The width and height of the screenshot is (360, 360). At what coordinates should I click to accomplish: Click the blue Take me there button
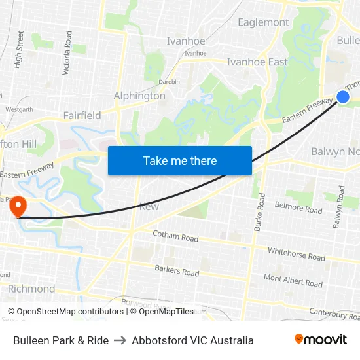pyautogui.click(x=180, y=160)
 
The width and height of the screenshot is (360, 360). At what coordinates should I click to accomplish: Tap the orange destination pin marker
pyautogui.click(x=18, y=206)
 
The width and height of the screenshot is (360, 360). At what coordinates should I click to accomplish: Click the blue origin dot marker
pyautogui.click(x=343, y=97)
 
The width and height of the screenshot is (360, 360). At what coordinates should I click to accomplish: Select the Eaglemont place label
pyautogui.click(x=263, y=22)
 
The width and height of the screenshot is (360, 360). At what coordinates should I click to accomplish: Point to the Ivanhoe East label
pyautogui.click(x=257, y=62)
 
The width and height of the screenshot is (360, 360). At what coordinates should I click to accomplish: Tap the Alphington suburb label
pyautogui.click(x=139, y=96)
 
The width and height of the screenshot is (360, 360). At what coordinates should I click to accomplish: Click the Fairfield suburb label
pyautogui.click(x=82, y=115)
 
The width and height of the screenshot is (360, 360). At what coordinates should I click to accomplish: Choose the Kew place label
pyautogui.click(x=149, y=207)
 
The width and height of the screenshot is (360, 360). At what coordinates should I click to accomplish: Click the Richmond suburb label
pyautogui.click(x=31, y=289)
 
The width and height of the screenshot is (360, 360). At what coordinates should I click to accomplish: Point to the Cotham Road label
pyautogui.click(x=175, y=236)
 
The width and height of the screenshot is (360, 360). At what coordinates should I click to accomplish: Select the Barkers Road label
pyautogui.click(x=177, y=270)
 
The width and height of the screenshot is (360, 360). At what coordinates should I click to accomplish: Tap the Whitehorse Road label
pyautogui.click(x=296, y=254)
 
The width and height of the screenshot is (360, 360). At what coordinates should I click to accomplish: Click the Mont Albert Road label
pyautogui.click(x=293, y=281)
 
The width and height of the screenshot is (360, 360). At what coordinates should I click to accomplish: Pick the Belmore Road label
pyautogui.click(x=298, y=207)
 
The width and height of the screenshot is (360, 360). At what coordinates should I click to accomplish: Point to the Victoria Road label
pyautogui.click(x=67, y=52)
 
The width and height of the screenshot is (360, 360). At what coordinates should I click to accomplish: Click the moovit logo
pyautogui.click(x=321, y=340)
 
